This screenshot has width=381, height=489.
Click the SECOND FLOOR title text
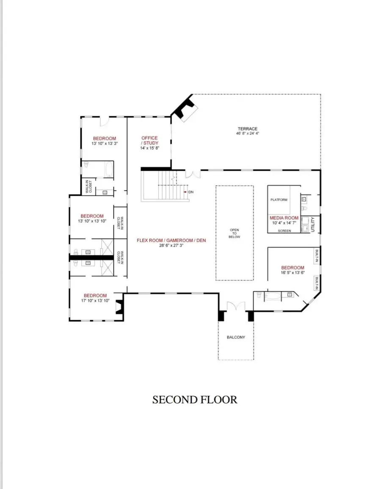195,400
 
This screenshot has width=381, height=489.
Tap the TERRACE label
247,129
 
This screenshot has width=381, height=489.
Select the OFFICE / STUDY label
149,140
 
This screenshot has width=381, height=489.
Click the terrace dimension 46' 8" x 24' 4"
248,134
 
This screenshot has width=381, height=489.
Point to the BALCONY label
236,337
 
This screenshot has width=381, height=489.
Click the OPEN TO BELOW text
234,234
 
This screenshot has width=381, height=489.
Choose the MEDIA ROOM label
284,218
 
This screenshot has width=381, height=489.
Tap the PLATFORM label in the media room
279,200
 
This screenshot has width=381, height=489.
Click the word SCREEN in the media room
284,231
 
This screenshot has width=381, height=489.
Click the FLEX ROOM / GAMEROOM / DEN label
171,240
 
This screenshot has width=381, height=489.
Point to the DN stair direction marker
190,192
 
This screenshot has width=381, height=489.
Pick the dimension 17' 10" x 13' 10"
95,300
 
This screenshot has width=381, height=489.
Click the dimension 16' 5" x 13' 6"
293,273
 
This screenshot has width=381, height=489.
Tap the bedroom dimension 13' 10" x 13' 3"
104,143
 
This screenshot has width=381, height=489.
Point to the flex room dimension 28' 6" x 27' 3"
171,245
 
